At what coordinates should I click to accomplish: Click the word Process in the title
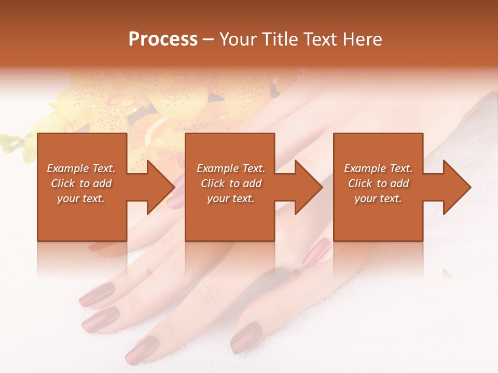tap(163, 39)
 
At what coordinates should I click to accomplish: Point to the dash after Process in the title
tap(209, 40)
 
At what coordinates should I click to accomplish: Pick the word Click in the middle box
tap(214, 183)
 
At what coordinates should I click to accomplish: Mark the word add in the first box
tap(102, 183)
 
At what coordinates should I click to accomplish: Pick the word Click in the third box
tap(361, 183)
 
